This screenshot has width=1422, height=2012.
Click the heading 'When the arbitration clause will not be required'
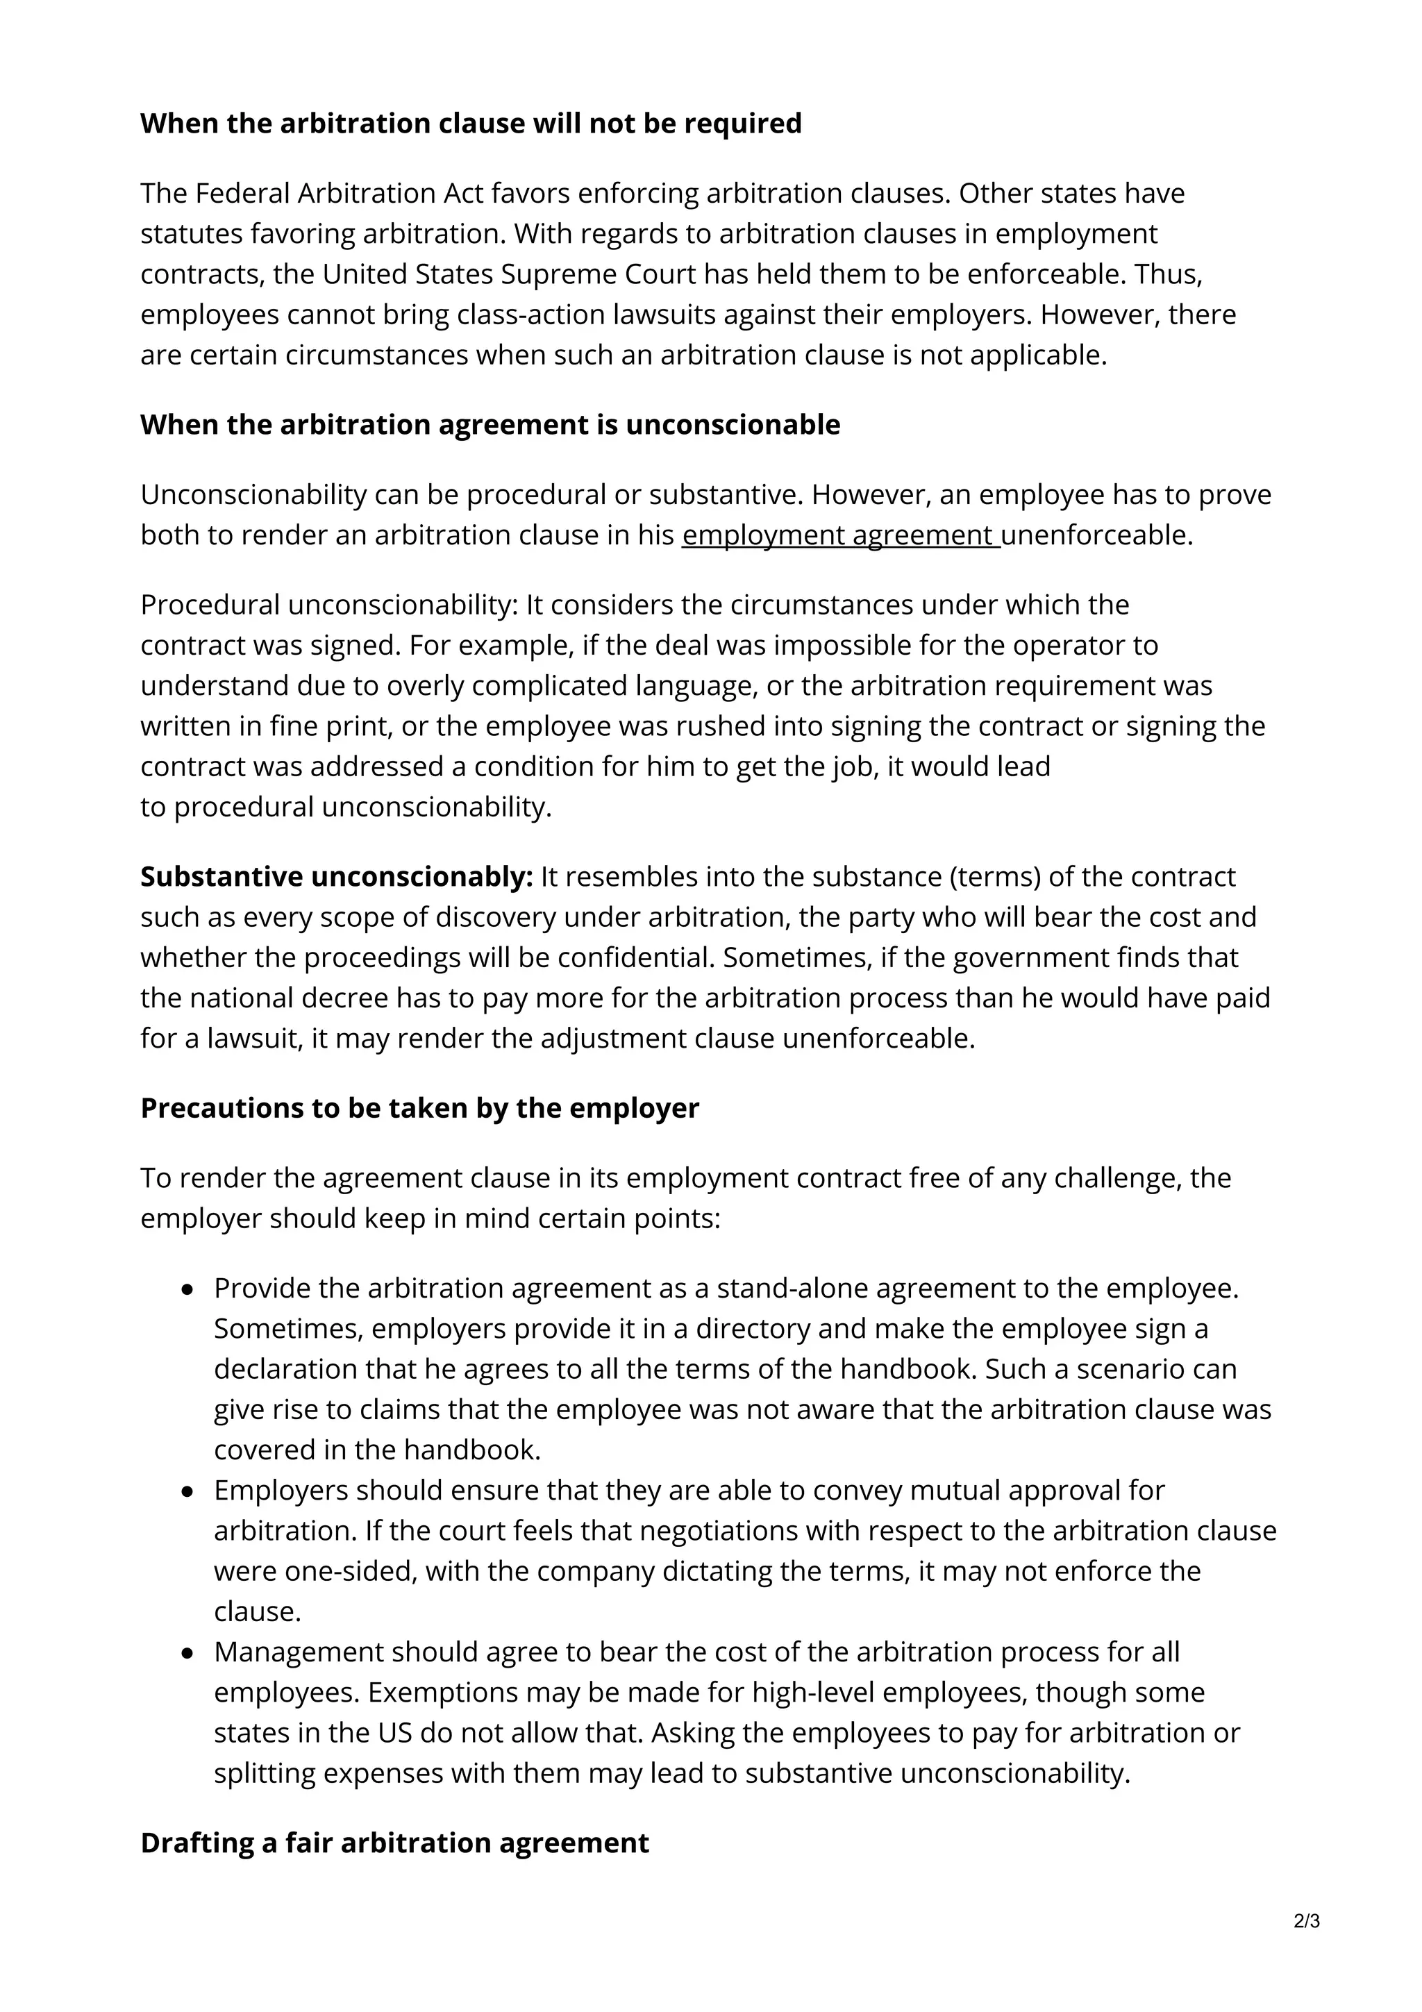(x=471, y=124)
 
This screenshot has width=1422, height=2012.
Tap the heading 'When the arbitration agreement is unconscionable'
(x=490, y=425)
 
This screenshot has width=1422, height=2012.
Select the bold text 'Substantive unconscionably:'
(x=337, y=877)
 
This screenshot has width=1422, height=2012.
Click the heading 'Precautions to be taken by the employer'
(x=419, y=1109)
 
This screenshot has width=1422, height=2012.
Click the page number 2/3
(x=1306, y=1922)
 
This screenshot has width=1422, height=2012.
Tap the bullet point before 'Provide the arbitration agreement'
(x=187, y=1290)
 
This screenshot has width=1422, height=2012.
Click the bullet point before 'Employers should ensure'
(x=187, y=1491)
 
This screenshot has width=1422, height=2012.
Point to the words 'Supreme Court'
(x=599, y=274)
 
